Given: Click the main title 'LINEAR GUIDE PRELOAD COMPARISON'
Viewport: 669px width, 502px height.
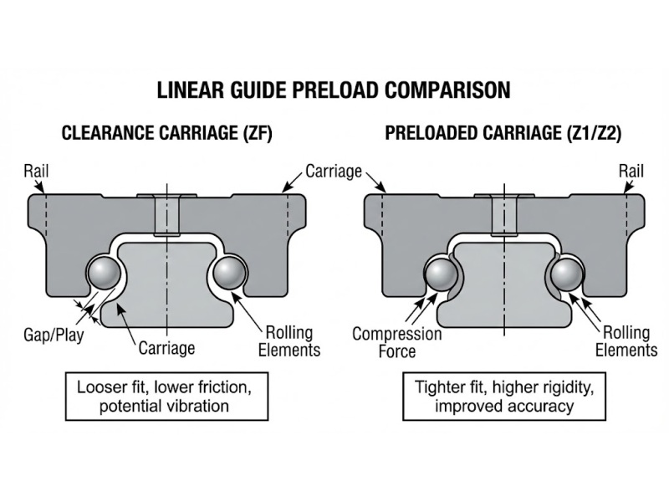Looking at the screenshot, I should (334, 90).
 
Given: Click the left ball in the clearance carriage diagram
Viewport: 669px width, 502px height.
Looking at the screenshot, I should (105, 274).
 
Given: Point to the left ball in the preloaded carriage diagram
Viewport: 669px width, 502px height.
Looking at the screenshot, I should (442, 274).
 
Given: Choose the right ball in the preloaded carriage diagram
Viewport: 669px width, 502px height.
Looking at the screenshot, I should (565, 274).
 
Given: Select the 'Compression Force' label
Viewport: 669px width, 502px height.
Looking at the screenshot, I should (396, 343).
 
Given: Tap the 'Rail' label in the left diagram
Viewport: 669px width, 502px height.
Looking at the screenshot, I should (37, 172).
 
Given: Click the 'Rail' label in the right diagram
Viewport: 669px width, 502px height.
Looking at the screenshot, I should (631, 172).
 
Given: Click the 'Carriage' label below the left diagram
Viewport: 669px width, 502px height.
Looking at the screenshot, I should (167, 347).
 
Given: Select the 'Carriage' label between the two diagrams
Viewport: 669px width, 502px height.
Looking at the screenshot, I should (333, 172).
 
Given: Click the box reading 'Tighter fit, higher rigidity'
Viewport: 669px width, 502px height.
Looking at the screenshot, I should (503, 397).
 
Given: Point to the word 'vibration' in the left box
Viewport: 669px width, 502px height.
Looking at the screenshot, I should (199, 407).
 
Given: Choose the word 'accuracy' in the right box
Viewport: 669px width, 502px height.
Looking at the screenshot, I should (541, 407).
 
